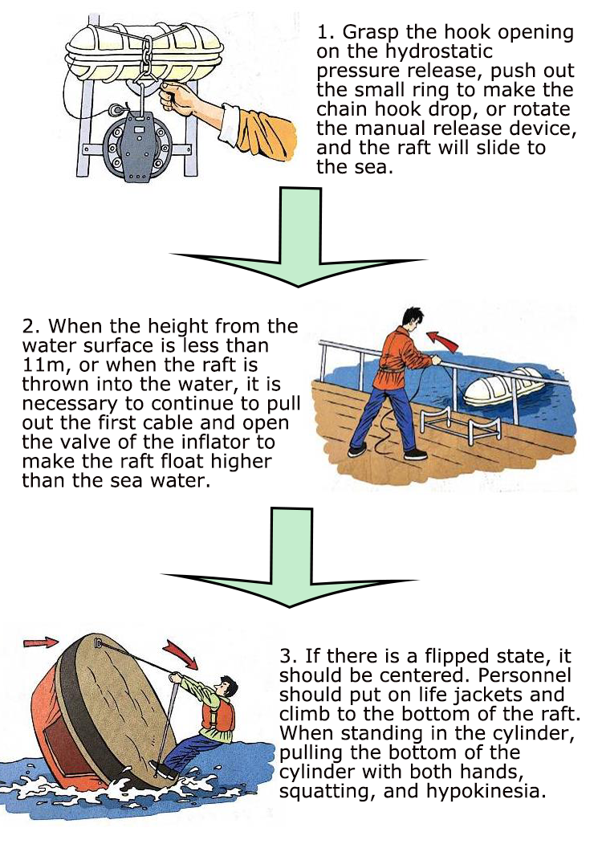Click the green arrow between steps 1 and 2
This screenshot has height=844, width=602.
297,241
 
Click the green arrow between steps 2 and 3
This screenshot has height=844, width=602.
298,562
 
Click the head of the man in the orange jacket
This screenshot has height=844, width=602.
410,317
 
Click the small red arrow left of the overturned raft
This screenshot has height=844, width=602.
40,642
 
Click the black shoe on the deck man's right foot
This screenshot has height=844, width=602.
416,455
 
